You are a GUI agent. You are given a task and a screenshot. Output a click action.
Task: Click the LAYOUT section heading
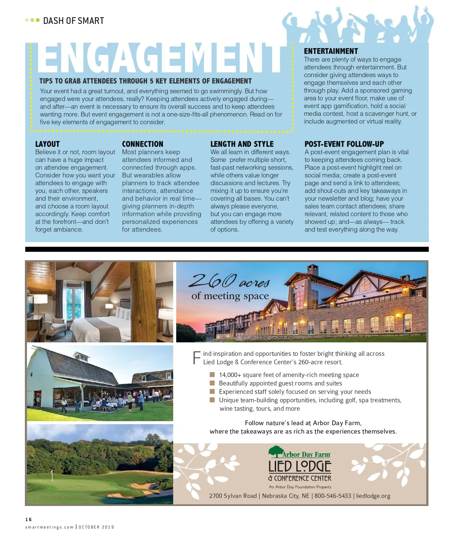(47, 144)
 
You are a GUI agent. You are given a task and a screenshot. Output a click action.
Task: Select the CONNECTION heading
(142, 144)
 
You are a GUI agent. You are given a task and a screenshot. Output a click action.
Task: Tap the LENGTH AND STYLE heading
(242, 144)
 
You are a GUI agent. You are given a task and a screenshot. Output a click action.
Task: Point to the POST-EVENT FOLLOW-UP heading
(344, 144)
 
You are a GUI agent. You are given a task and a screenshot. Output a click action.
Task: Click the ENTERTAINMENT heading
(331, 51)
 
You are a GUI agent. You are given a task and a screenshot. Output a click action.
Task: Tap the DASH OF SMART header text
(73, 21)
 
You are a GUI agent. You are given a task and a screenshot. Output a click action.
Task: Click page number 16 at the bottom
(28, 519)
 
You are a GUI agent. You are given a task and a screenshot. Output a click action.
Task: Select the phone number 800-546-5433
(333, 496)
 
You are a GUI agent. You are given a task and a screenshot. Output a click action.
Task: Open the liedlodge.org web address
(373, 496)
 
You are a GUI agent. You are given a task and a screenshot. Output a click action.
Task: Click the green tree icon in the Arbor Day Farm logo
(275, 451)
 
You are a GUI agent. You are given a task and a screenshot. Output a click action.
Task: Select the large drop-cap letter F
(197, 358)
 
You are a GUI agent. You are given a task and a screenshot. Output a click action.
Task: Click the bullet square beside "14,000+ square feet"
(212, 375)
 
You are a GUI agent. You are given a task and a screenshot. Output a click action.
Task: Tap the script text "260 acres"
(229, 281)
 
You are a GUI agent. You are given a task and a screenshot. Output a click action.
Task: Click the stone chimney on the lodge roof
(312, 270)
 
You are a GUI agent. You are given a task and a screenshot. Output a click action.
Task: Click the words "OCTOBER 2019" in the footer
(96, 527)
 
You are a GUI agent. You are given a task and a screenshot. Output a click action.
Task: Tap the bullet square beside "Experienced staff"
(212, 392)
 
